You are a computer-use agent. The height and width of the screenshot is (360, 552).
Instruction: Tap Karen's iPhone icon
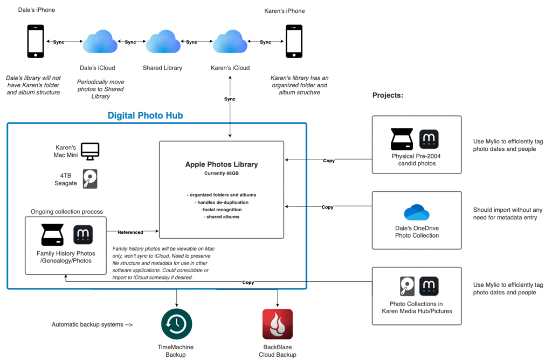point(294,42)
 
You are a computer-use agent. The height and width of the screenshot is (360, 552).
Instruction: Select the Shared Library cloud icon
point(163,42)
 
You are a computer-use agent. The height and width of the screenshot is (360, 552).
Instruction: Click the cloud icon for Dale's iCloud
point(100,42)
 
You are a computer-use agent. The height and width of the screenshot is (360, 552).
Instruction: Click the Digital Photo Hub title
point(146,115)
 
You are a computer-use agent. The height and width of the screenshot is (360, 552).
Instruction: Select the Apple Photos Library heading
point(222,164)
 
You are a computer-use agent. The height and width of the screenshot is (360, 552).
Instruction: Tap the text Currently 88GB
point(222,174)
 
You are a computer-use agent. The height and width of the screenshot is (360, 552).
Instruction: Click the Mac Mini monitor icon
point(90,151)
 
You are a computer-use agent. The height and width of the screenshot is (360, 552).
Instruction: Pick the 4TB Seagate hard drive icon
point(90,179)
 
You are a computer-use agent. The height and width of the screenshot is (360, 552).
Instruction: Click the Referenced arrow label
point(130,232)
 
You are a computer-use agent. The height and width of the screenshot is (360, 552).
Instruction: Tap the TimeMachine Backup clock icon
point(177,324)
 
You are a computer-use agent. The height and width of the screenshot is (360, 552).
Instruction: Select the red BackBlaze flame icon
point(277,324)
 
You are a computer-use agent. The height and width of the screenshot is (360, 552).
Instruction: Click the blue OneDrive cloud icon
point(416,212)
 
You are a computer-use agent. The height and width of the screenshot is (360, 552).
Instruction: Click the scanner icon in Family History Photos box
point(53,234)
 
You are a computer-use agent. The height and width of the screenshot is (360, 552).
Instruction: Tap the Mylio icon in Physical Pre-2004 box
point(429,139)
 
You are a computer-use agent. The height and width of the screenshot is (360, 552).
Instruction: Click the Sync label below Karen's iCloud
point(230,99)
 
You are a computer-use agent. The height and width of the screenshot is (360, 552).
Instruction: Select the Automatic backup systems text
point(92,324)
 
